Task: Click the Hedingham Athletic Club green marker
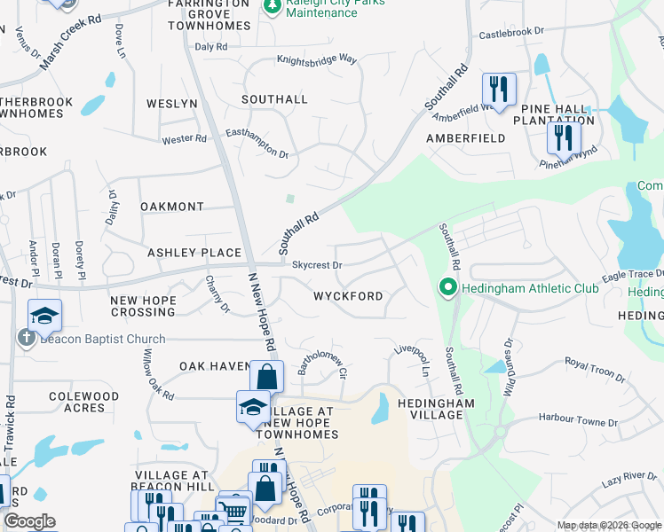[448, 288]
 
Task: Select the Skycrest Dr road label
[317, 264]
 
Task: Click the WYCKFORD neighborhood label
[347, 296]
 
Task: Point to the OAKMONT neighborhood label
[172, 207]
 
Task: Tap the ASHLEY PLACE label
[194, 253]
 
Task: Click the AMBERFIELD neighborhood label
[465, 138]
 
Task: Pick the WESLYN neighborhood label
[171, 104]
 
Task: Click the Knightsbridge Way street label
[316, 59]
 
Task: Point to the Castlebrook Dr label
[511, 32]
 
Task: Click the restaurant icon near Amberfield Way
[498, 90]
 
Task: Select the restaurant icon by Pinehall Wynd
[563, 137]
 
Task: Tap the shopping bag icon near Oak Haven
[266, 377]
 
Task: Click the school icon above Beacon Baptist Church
[43, 315]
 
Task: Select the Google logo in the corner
[29, 521]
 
